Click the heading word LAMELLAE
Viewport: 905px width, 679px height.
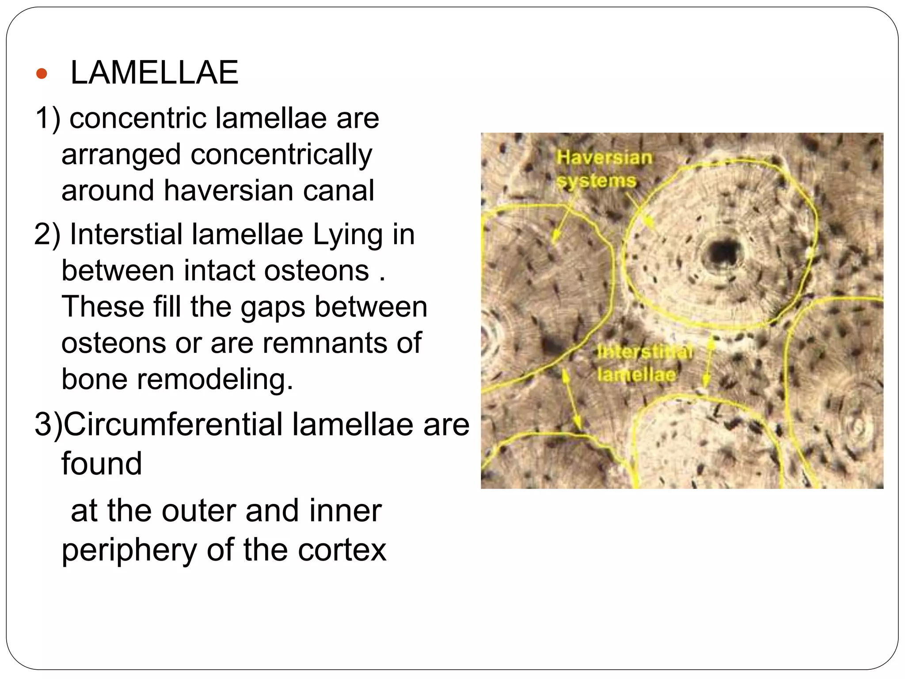click(154, 72)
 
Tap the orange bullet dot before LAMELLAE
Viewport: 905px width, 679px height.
click(42, 73)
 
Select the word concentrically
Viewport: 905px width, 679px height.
click(281, 155)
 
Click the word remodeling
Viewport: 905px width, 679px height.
click(215, 379)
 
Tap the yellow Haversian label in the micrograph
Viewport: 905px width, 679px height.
click(604, 158)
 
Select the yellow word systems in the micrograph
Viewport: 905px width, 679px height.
click(597, 181)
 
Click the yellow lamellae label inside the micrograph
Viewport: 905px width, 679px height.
click(636, 375)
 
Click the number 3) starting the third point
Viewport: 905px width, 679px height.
click(49, 424)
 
